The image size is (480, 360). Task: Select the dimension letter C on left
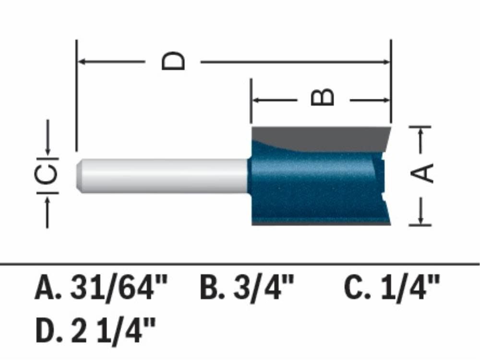coord(48,174)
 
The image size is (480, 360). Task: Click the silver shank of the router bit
coord(163,175)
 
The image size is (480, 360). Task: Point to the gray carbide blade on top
coord(326,137)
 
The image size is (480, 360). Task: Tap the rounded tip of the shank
coord(80,175)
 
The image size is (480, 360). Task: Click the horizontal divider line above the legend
coord(240,264)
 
